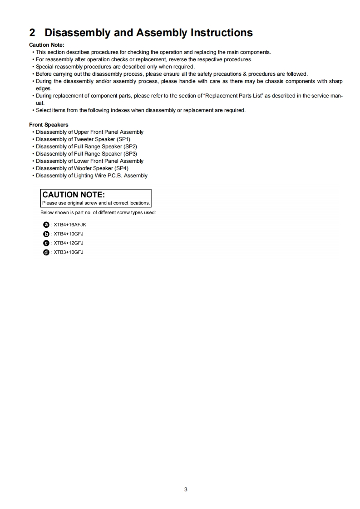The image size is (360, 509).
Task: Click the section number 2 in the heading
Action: click(32, 33)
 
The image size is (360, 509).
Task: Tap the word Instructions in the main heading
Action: click(222, 33)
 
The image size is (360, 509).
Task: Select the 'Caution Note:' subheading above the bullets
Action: click(47, 44)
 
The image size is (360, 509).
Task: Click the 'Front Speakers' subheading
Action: click(49, 125)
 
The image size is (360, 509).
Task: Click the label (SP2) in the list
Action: click(130, 147)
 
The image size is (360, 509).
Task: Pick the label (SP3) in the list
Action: click(130, 154)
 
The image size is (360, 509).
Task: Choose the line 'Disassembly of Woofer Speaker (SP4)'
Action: click(82, 168)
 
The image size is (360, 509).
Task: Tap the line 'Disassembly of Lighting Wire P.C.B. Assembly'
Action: click(91, 176)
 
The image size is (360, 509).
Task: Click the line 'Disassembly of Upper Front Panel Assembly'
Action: click(89, 132)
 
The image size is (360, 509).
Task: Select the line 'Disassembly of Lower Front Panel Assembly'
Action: click(89, 161)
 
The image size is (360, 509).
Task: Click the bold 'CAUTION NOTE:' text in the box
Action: click(74, 195)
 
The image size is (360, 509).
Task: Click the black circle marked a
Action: click(46, 225)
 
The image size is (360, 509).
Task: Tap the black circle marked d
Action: click(46, 252)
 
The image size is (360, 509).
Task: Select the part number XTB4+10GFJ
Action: click(69, 234)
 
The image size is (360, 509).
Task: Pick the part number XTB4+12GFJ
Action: click(69, 243)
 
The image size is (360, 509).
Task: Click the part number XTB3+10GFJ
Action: click(69, 252)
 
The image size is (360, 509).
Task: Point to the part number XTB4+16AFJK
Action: click(70, 225)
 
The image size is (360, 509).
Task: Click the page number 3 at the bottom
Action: click(186, 489)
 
